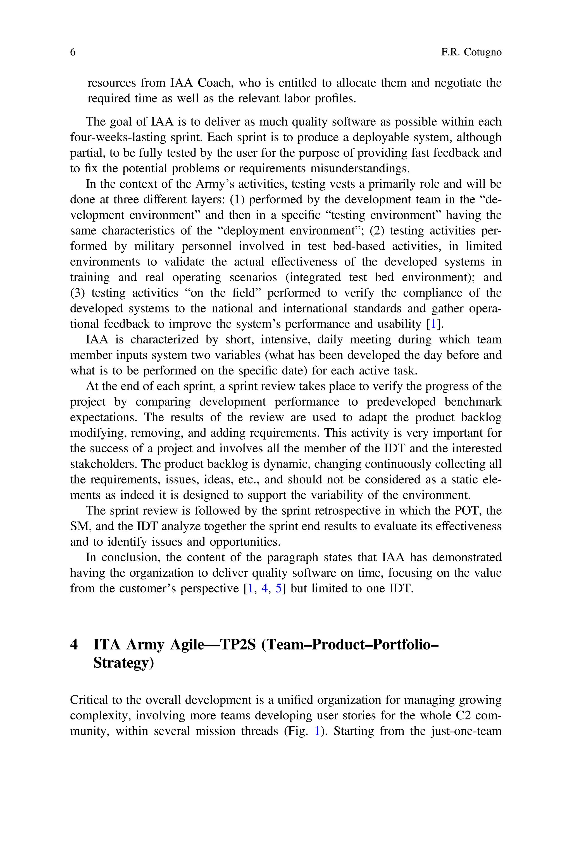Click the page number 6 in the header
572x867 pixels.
tap(73, 52)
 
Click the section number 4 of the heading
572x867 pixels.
tap(74, 645)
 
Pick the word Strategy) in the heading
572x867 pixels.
tap(123, 662)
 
